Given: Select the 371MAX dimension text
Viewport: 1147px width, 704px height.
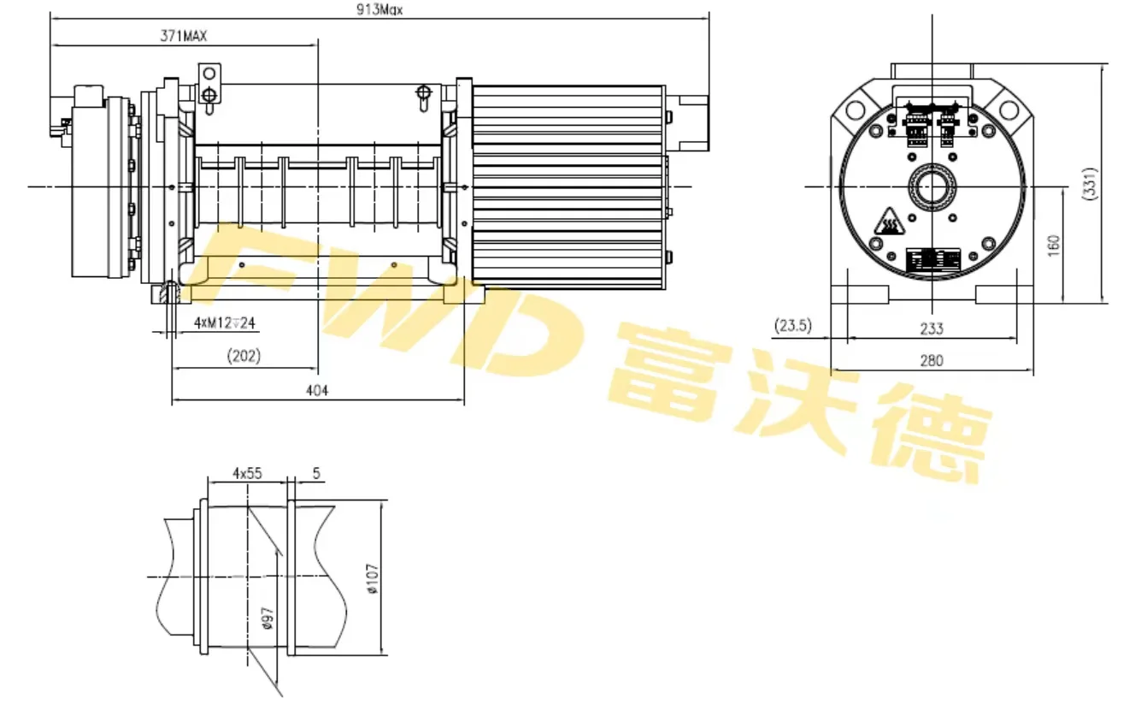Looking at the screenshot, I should (x=184, y=36).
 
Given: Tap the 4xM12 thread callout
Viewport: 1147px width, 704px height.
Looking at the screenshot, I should (x=225, y=322).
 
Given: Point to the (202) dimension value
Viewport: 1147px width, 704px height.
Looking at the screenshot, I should (x=245, y=355).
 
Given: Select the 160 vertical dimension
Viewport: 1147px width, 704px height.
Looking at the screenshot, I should (x=1053, y=245).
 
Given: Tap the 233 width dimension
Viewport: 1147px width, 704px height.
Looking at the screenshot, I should (x=932, y=328).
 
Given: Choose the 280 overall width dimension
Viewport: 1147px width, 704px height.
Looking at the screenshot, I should (x=932, y=361).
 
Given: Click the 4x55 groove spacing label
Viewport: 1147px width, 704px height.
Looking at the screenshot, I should (x=247, y=472).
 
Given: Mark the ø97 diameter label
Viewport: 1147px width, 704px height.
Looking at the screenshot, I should (x=266, y=618).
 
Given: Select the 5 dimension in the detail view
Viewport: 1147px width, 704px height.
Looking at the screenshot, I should (x=316, y=472).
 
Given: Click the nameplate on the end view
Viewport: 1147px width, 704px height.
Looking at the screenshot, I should (x=932, y=260).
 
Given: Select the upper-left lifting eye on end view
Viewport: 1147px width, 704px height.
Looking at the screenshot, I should (x=856, y=109).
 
